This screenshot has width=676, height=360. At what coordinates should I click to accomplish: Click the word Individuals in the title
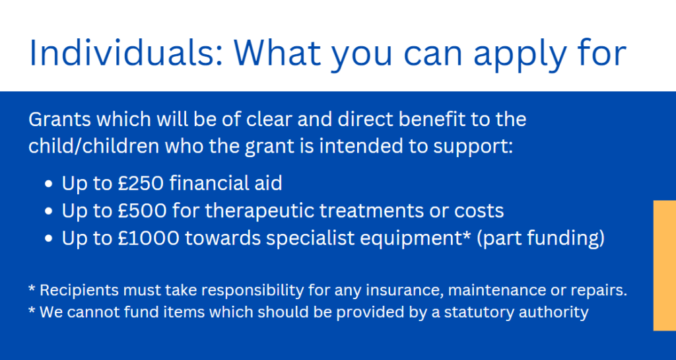point(126,53)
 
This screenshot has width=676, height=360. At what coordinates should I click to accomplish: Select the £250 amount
point(141,183)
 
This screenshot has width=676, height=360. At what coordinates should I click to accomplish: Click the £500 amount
point(142,211)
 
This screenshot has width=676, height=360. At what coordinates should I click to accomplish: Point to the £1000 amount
point(148,238)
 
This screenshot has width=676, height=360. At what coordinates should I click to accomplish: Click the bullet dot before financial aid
point(48,184)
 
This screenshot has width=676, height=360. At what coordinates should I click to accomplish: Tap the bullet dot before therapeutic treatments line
point(48,211)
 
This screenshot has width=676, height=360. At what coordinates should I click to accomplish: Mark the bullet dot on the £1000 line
point(48,239)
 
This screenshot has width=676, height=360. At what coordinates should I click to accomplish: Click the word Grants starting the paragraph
point(60,120)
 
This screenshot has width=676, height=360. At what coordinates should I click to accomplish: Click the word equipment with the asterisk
point(415,239)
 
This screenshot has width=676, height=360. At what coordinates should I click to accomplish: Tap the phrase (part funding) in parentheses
point(541,239)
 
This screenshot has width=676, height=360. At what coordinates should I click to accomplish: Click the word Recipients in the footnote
point(79,290)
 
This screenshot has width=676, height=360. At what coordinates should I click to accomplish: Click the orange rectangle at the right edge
point(665,266)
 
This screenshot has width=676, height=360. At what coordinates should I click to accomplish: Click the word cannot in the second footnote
point(94,312)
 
